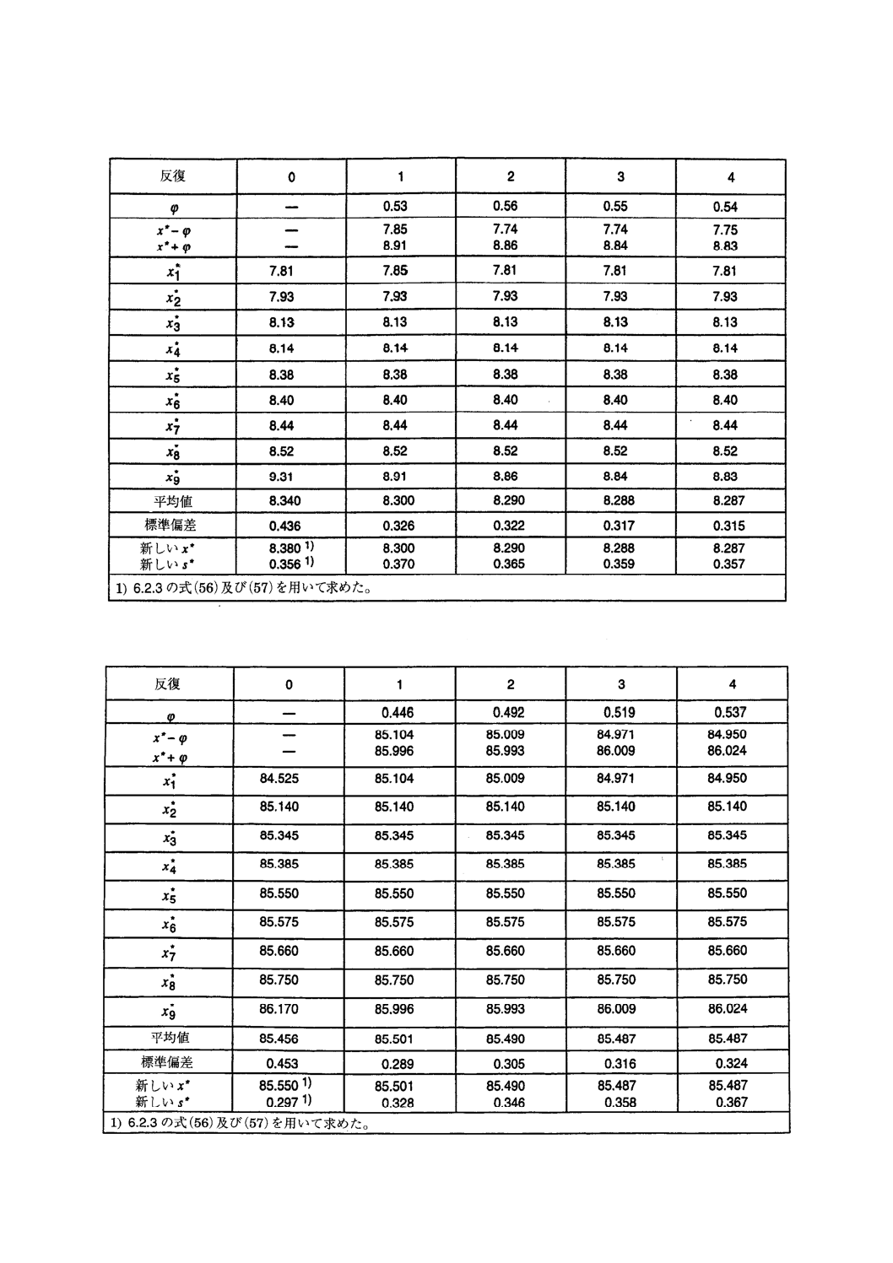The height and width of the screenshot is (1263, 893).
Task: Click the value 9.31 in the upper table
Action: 281,477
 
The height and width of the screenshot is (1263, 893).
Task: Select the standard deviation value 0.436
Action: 284,526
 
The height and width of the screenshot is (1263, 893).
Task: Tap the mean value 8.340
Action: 284,501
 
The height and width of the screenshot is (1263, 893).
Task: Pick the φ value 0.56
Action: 505,206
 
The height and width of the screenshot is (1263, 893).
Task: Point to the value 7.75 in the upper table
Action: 724,229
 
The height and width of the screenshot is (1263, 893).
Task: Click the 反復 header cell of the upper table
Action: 173,176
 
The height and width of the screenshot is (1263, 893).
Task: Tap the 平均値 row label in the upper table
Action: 173,501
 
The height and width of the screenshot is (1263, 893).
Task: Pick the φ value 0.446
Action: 398,713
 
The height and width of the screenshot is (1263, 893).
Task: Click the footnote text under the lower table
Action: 240,1124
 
